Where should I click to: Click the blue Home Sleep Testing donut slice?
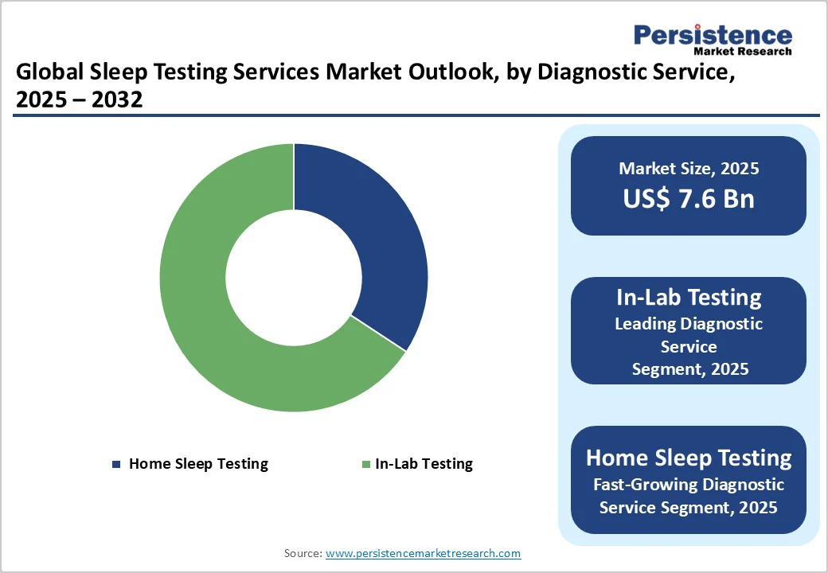click(374, 239)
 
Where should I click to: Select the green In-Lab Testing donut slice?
click(207, 318)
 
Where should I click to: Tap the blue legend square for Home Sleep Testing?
click(117, 464)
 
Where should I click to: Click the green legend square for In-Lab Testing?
click(365, 464)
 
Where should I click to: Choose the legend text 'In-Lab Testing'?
click(424, 464)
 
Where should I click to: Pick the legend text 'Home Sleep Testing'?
click(198, 464)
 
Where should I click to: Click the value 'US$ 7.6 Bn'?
click(689, 199)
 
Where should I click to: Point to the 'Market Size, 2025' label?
click(689, 169)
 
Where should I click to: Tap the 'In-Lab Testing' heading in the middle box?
click(689, 298)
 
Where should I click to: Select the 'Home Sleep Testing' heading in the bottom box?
click(689, 458)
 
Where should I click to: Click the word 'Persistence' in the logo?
click(713, 35)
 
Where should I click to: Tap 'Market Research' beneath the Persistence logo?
click(742, 52)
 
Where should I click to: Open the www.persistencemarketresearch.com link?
click(423, 553)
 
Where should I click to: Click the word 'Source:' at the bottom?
click(303, 553)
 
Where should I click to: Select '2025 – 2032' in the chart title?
click(79, 99)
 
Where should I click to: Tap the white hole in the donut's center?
click(293, 278)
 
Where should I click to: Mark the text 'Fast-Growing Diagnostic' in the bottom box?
click(689, 485)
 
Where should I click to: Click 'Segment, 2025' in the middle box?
click(689, 369)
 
